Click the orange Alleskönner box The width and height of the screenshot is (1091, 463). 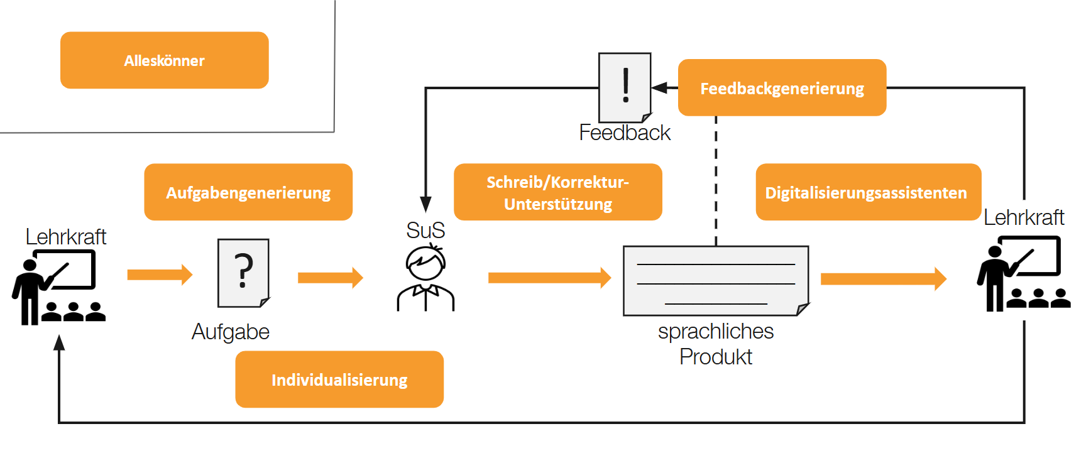[164, 60]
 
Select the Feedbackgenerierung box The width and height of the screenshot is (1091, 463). [782, 88]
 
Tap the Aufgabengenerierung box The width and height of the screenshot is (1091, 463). [248, 192]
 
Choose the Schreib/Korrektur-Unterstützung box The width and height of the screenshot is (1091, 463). [557, 192]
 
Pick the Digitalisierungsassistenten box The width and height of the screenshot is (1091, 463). [868, 192]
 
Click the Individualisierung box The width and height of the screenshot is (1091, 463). [339, 379]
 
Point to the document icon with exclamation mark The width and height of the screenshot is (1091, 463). [625, 87]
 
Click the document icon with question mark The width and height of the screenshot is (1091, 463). [243, 273]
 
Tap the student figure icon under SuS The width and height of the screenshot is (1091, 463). [425, 279]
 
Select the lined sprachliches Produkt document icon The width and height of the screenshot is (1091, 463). [715, 280]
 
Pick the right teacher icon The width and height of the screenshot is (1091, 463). [1023, 274]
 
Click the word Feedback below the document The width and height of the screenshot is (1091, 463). [625, 133]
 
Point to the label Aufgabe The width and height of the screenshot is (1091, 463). [231, 332]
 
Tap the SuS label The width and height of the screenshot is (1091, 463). [425, 231]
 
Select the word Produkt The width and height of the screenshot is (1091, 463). [715, 357]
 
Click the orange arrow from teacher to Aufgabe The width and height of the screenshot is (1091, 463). [159, 275]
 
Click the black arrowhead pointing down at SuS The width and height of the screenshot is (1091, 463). [425, 204]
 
